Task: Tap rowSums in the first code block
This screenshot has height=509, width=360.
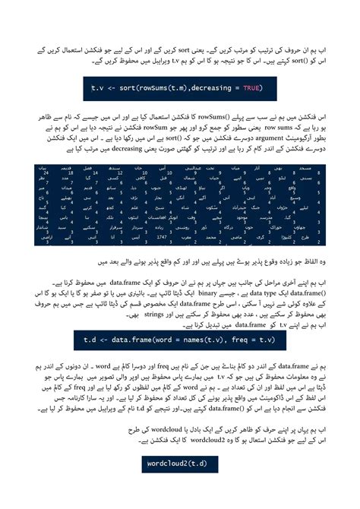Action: [153, 88]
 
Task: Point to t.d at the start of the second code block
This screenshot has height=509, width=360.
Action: [90, 337]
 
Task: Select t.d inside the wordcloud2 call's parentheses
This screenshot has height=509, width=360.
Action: [200, 463]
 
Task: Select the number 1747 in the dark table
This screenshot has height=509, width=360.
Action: [160, 237]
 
